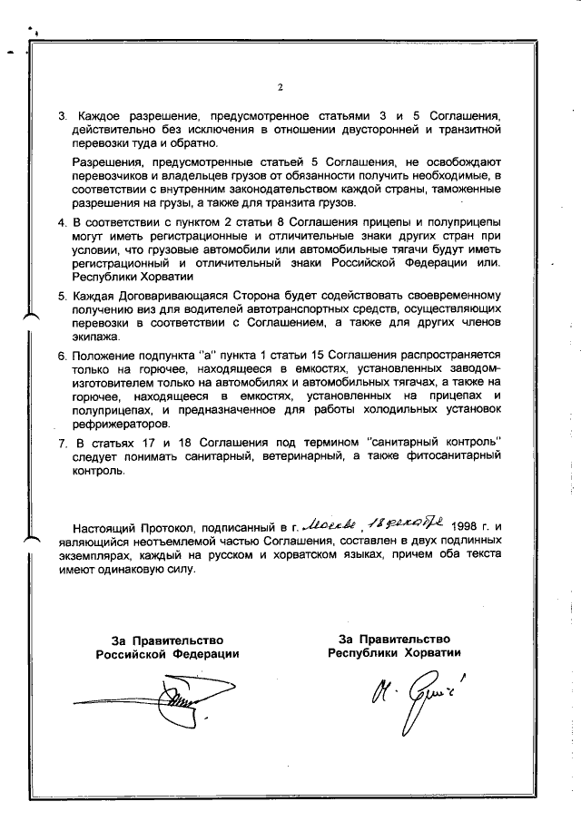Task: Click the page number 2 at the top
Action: [x=281, y=88]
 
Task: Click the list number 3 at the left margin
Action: [x=62, y=117]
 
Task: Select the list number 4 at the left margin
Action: [x=62, y=221]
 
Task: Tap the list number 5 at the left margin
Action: [x=62, y=297]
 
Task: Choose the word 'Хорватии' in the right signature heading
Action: [x=429, y=653]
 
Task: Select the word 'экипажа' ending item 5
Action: [x=96, y=335]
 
